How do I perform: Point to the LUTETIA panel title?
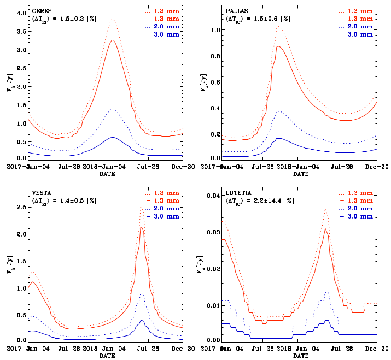pos(238,193)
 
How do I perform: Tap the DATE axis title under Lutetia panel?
pos(300,356)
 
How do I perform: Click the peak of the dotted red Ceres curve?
pos(113,20)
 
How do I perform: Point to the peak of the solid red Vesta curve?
pos(142,227)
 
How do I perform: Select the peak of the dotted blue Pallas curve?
pos(280,111)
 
